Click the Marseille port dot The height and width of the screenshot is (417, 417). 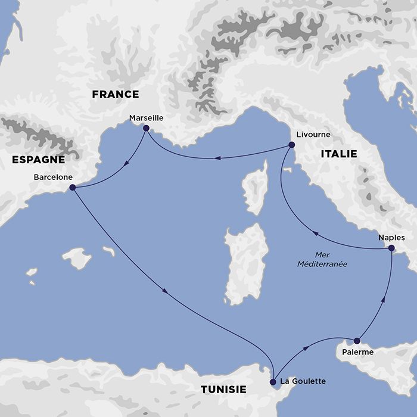[146, 127]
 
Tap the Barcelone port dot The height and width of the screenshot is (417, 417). [72, 187]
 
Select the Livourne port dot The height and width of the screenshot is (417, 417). [291, 144]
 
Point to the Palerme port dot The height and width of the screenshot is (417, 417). [357, 341]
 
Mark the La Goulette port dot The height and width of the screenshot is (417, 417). [273, 381]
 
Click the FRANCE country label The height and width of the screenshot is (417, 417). [115, 94]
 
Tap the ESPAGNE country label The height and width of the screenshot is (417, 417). [37, 160]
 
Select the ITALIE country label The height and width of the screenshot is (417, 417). [338, 154]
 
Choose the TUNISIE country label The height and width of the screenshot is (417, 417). [223, 390]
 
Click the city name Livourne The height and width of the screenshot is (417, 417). [309, 135]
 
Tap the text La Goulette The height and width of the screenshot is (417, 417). [303, 381]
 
